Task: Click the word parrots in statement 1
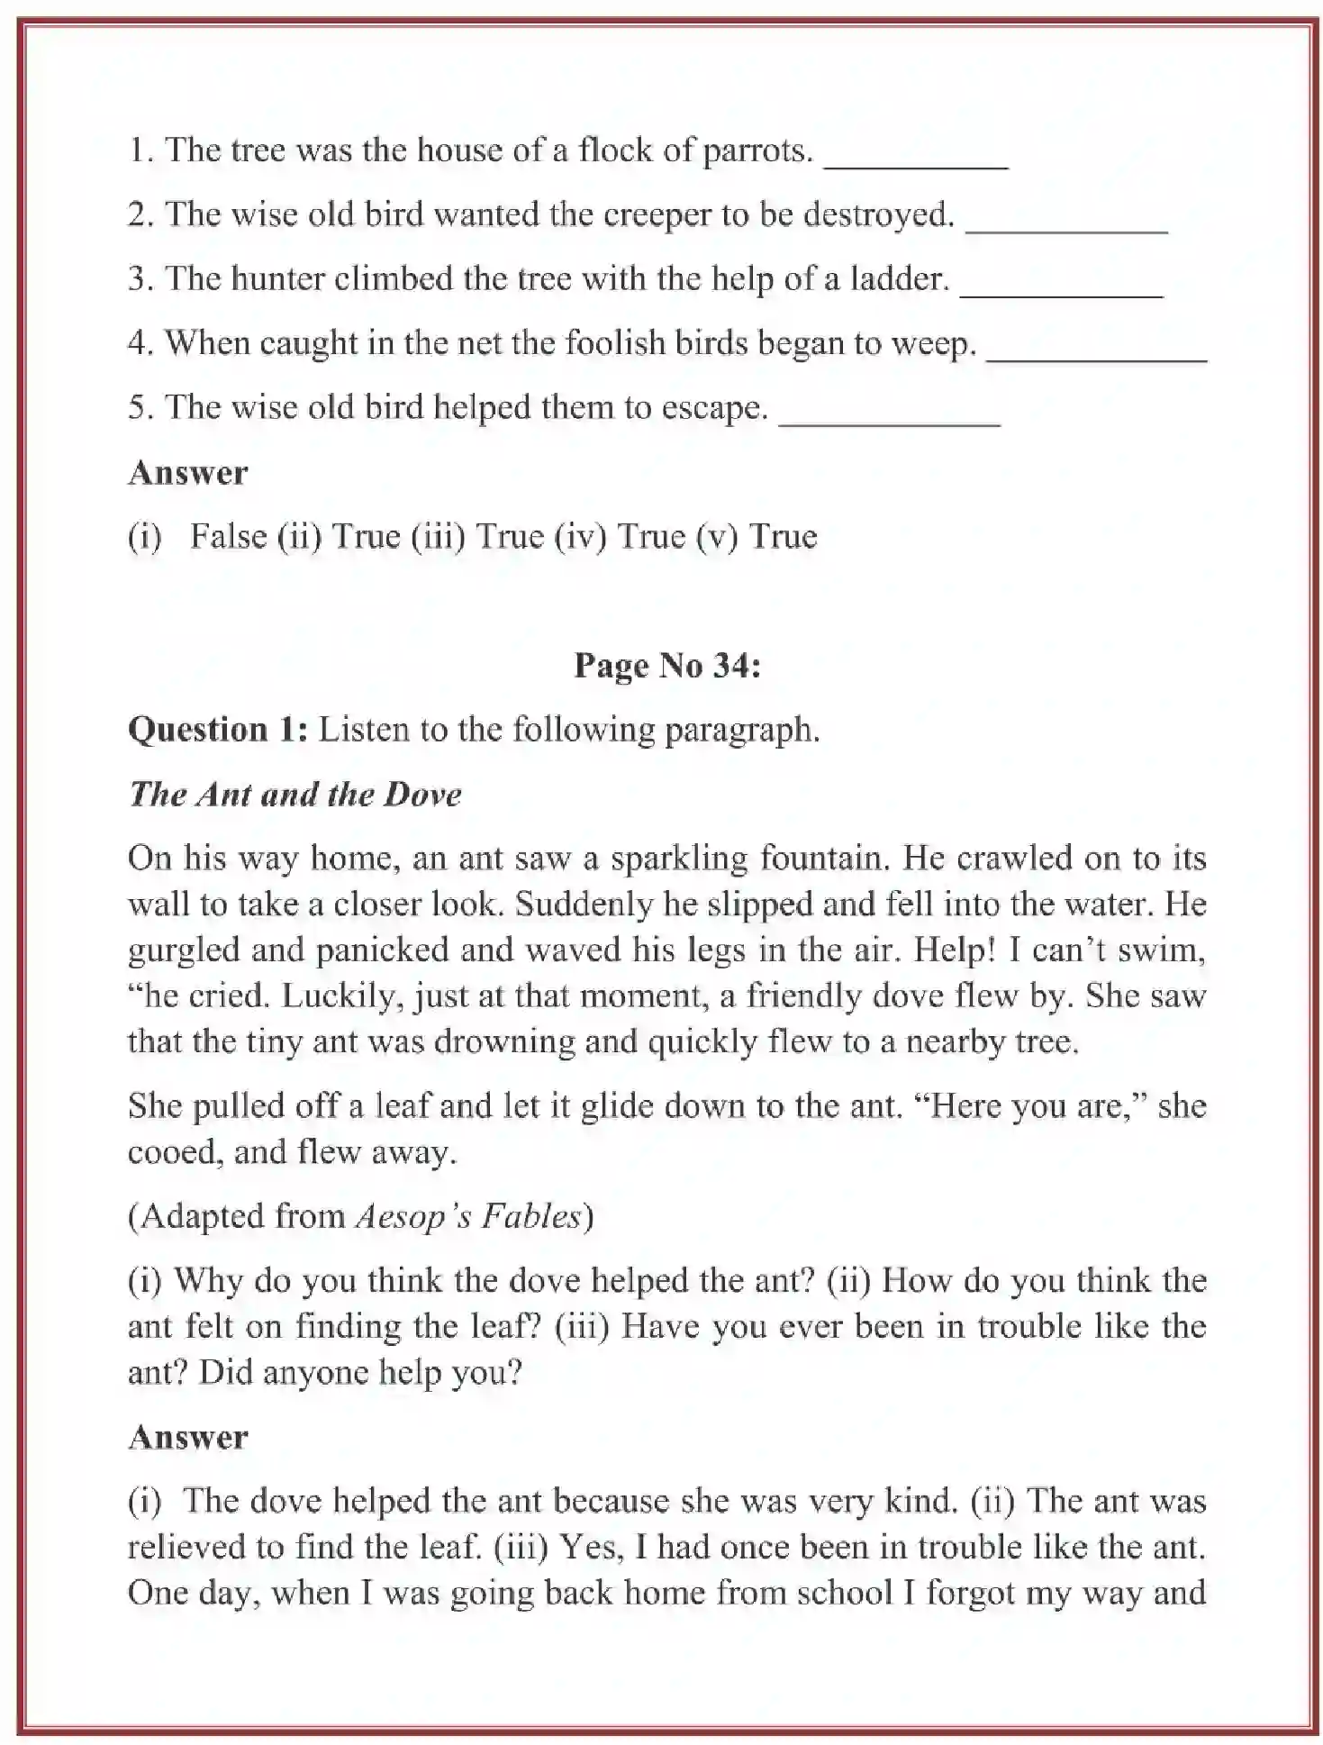[x=757, y=150]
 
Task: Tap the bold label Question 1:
[x=218, y=730]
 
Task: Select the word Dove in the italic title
[x=422, y=795]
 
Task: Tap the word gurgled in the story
[x=184, y=951]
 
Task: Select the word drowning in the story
[x=505, y=1042]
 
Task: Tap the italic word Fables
[x=532, y=1217]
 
